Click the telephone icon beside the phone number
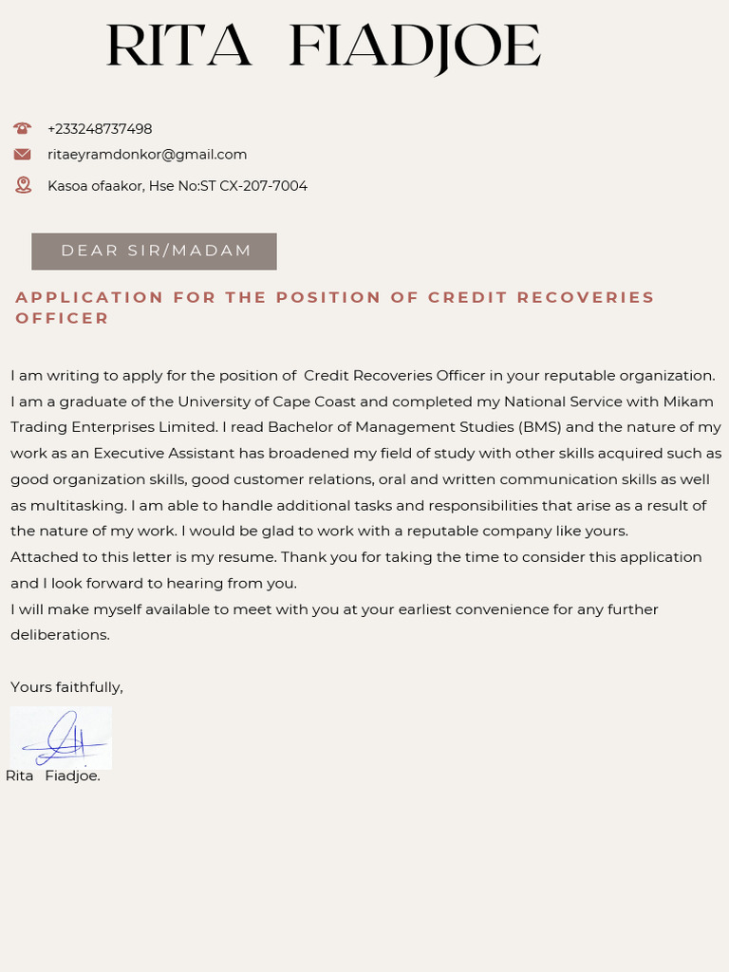pos(23,128)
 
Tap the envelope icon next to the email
pos(23,154)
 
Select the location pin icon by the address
pos(23,185)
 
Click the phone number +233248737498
pos(100,129)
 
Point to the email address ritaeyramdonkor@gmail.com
pos(147,155)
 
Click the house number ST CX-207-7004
pos(253,186)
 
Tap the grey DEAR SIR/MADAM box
pos(154,252)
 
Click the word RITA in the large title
pos(178,47)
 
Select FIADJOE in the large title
pos(414,47)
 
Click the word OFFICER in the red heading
pos(63,318)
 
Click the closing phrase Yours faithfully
pos(66,686)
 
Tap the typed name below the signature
pos(53,776)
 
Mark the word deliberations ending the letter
pos(60,634)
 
